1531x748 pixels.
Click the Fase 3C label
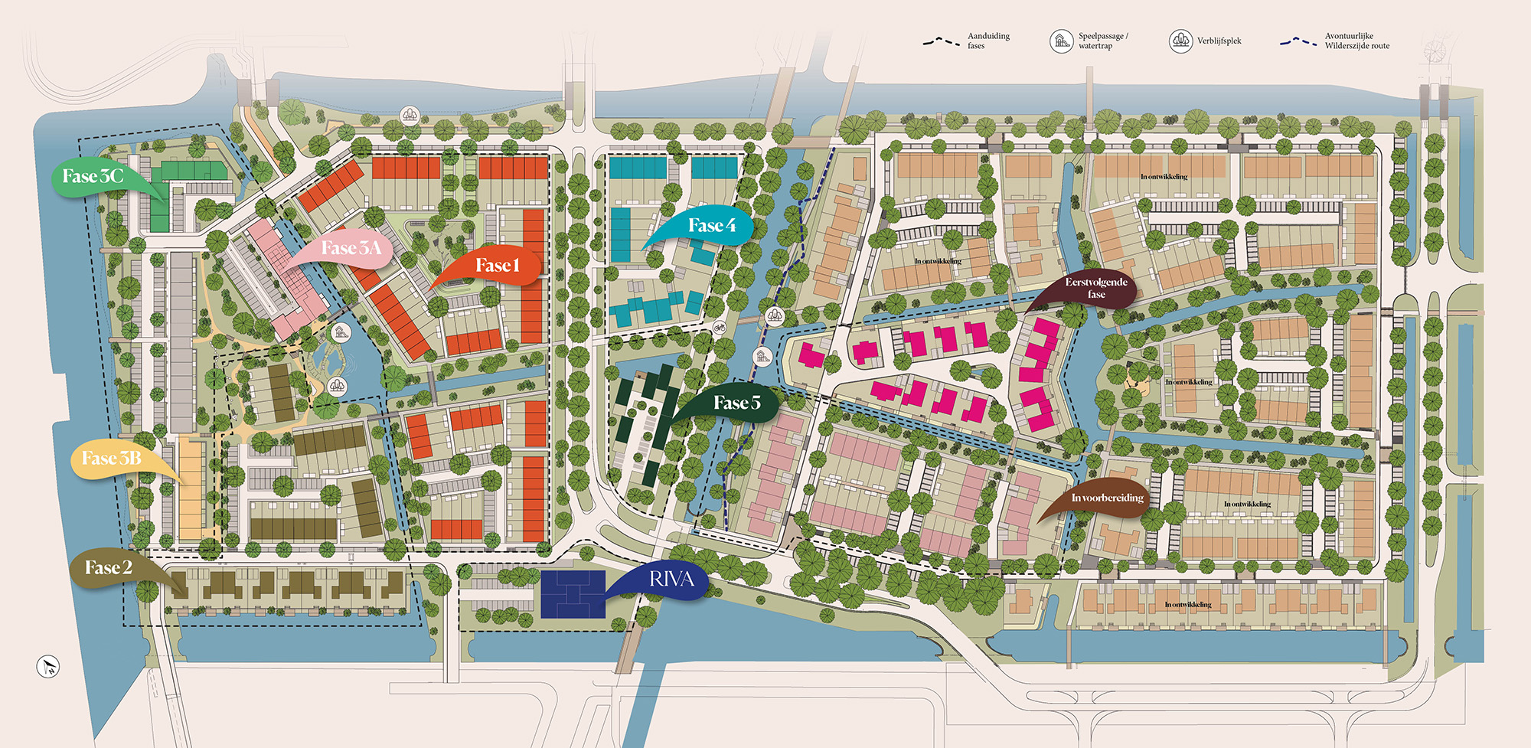pos(92,177)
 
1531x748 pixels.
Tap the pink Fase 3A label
pos(351,248)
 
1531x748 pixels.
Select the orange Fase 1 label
pos(497,266)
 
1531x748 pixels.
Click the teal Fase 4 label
pos(711,225)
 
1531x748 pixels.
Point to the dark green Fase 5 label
pos(736,403)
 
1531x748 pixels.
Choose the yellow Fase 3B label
pos(112,459)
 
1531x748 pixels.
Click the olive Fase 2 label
pos(108,568)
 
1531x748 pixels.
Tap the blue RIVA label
pos(671,580)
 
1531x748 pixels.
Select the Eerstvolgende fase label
pos(1095,288)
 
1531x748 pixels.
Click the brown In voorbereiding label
pos(1107,498)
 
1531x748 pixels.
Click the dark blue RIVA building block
pos(573,594)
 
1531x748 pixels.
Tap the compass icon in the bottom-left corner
pos(48,666)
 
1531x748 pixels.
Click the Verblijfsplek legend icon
pos(1180,41)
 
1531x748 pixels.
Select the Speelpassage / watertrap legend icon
pos(1061,41)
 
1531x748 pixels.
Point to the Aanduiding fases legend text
pos(987,41)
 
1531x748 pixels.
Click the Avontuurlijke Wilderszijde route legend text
pos(1356,41)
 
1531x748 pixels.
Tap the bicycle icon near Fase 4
pos(719,328)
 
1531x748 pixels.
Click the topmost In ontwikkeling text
pos(1164,177)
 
